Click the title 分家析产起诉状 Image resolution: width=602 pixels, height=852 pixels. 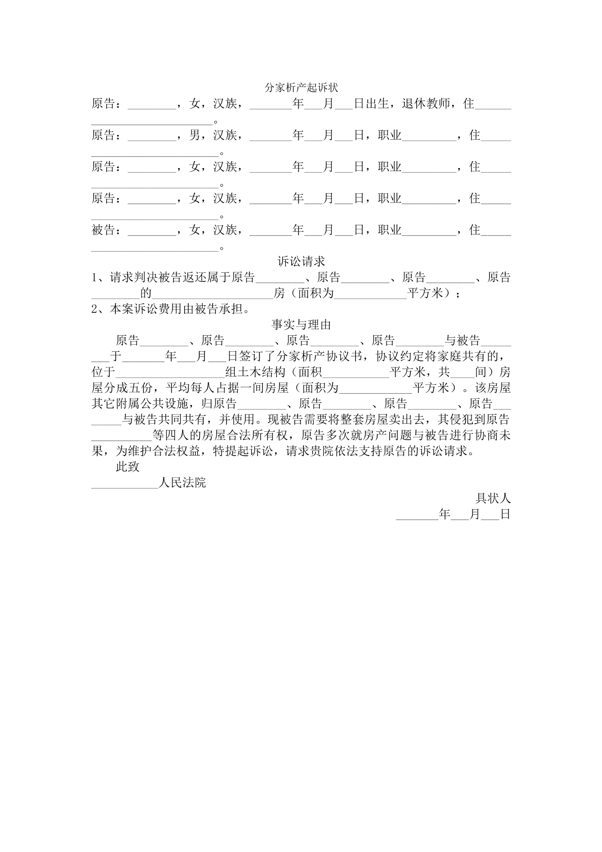[x=301, y=88]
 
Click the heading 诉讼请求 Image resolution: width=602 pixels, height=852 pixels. [x=301, y=261]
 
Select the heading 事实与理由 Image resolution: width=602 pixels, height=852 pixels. [x=301, y=324]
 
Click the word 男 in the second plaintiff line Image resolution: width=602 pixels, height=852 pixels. [x=195, y=135]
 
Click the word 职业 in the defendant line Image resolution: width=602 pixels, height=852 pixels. [x=389, y=230]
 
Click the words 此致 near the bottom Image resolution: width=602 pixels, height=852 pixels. [x=127, y=467]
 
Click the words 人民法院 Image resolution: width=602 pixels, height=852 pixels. [x=182, y=482]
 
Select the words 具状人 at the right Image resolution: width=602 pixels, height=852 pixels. [x=493, y=499]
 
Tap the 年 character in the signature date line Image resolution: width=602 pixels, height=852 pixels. [x=444, y=514]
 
